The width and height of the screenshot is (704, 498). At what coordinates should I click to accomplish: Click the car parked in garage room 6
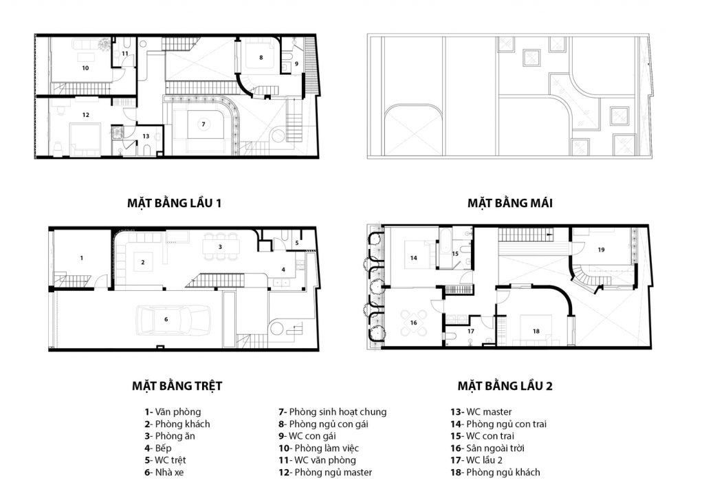point(173,320)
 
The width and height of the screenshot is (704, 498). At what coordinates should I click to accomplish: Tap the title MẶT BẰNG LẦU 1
point(174,203)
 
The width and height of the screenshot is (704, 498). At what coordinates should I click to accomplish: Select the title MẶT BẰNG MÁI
point(509,203)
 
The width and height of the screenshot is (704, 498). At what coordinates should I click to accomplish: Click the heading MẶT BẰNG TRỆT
point(177,386)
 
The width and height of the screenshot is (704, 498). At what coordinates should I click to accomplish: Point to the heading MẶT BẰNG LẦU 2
point(505,386)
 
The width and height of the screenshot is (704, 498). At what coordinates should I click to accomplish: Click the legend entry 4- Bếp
point(158,448)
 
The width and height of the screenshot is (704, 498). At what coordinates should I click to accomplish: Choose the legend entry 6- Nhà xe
point(164,473)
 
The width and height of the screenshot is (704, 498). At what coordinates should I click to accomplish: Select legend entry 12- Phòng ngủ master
point(325,473)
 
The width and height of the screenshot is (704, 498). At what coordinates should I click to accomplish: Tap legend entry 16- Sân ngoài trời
point(487,448)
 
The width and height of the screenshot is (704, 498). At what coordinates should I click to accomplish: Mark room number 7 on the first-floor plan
point(203,124)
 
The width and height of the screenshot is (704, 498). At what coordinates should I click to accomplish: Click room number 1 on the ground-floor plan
point(81,258)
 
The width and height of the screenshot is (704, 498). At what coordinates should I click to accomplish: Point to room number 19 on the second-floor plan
point(601,250)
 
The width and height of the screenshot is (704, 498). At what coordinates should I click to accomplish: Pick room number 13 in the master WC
point(146,136)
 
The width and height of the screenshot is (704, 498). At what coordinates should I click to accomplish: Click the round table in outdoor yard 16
point(413,323)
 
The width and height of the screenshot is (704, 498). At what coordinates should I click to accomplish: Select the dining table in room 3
point(221,246)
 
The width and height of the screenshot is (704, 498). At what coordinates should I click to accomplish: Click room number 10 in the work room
point(85,68)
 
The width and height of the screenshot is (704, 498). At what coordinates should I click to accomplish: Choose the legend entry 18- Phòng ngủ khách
point(495,473)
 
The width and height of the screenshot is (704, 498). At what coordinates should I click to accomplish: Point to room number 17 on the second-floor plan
point(470,332)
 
